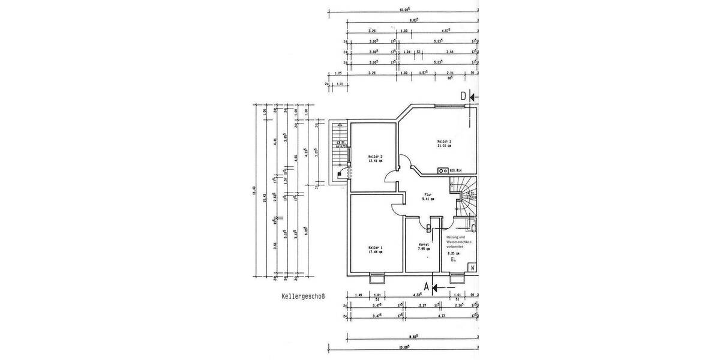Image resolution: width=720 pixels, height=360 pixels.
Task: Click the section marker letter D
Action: click(x=463, y=96)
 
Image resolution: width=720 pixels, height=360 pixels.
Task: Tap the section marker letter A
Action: click(x=427, y=287)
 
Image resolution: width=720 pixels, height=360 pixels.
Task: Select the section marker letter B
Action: click(x=429, y=228)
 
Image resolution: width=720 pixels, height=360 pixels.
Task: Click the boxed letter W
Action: click(x=473, y=268)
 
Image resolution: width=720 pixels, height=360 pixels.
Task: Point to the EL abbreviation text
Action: click(x=454, y=260)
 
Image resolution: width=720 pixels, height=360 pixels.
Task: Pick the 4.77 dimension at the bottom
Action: click(x=441, y=316)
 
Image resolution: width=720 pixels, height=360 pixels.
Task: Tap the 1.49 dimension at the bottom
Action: click(x=358, y=295)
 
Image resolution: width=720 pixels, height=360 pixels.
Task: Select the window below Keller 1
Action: click(x=377, y=277)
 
